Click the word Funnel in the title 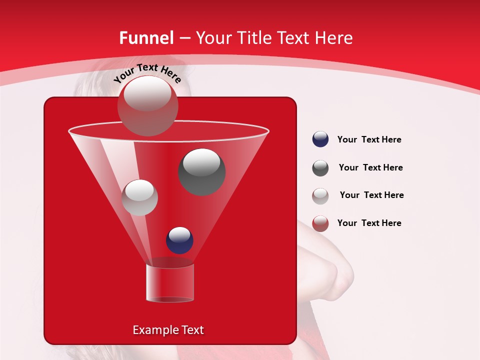pos(146,38)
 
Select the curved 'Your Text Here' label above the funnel pos(147,73)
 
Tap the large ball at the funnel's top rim pos(147,105)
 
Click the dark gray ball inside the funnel pos(202,171)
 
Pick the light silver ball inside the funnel pos(140,197)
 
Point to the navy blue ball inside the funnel pos(179,240)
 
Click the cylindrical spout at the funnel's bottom pos(169,283)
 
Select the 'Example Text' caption pos(168,330)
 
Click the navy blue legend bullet pos(320,139)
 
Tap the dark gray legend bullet pos(320,168)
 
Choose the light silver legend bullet pos(320,196)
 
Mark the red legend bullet pos(320,223)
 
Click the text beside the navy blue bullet pos(369,139)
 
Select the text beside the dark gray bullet pos(370,167)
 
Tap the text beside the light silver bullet pos(371,195)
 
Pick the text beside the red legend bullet pos(369,223)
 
